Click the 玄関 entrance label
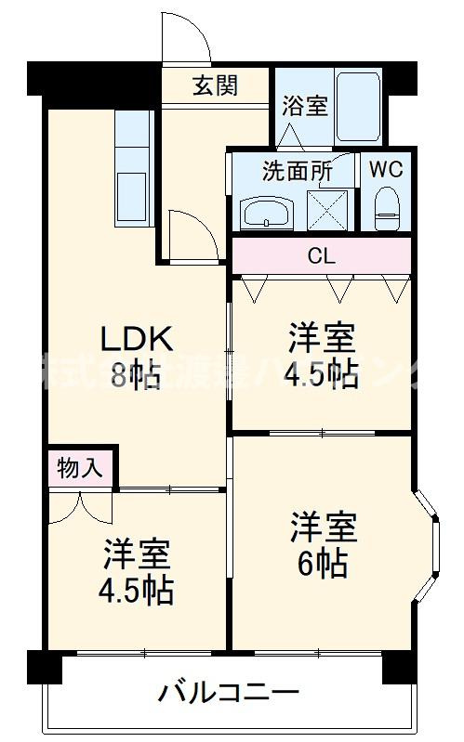coord(216,85)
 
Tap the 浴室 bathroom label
coord(304,105)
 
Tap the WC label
coord(385,171)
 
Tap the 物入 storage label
coord(79,468)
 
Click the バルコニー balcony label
coord(229,692)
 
